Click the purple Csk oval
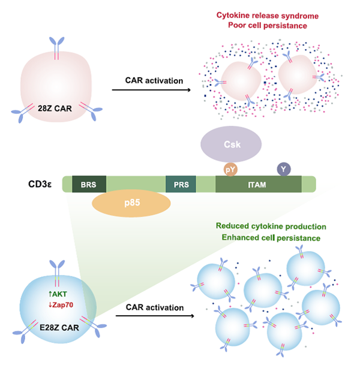click(x=231, y=146)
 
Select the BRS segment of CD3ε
click(x=89, y=184)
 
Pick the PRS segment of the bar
click(x=181, y=184)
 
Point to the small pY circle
click(x=231, y=170)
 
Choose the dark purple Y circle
click(x=283, y=170)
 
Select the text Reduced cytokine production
click(x=271, y=227)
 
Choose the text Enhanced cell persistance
click(x=271, y=238)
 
